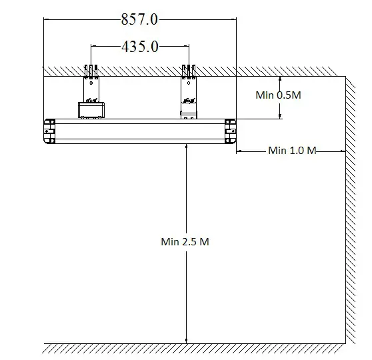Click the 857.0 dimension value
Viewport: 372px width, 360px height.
[139, 19]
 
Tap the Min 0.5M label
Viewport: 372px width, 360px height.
[279, 95]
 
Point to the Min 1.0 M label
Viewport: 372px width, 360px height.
[291, 151]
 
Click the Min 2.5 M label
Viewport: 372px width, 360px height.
[185, 241]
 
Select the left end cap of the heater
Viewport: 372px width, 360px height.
[49, 131]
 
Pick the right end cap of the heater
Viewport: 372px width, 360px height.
[230, 131]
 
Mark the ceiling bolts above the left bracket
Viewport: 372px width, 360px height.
[91, 70]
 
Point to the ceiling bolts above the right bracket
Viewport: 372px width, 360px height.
[188, 70]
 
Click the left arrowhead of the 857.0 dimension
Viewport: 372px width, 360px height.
[47, 19]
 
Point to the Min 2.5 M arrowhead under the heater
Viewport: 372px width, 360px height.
[186, 147]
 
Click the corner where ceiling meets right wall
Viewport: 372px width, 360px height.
[345, 77]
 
